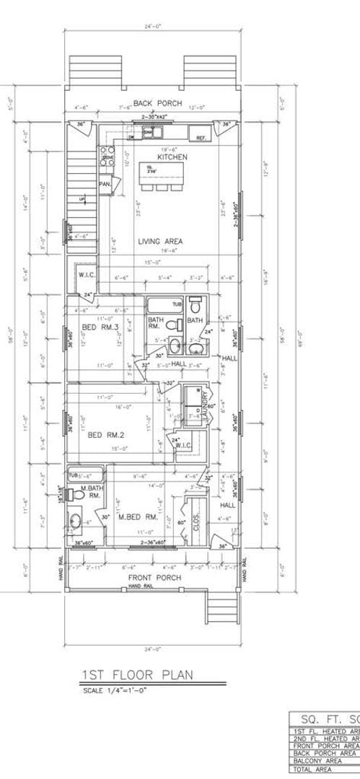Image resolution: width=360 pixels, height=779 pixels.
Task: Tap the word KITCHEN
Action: [x=172, y=157]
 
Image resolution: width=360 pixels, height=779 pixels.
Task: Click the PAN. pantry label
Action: [x=105, y=184]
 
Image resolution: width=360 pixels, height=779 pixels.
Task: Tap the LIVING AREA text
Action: [x=160, y=242]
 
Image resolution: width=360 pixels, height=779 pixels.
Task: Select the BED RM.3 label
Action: [x=99, y=328]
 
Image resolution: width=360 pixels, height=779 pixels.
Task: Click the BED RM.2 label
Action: [x=102, y=435]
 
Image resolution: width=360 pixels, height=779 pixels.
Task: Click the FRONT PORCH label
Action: [x=154, y=578]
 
